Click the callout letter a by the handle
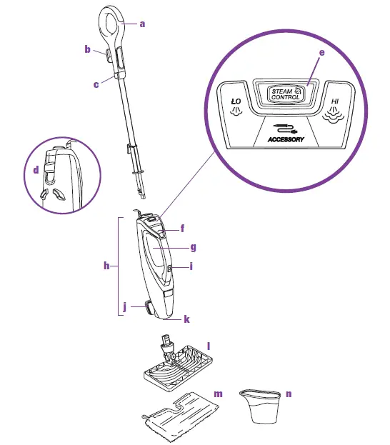click(142, 24)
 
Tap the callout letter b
click(87, 49)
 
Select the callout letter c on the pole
click(96, 84)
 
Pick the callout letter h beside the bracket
click(106, 266)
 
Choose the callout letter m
click(220, 394)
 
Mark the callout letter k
click(187, 320)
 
